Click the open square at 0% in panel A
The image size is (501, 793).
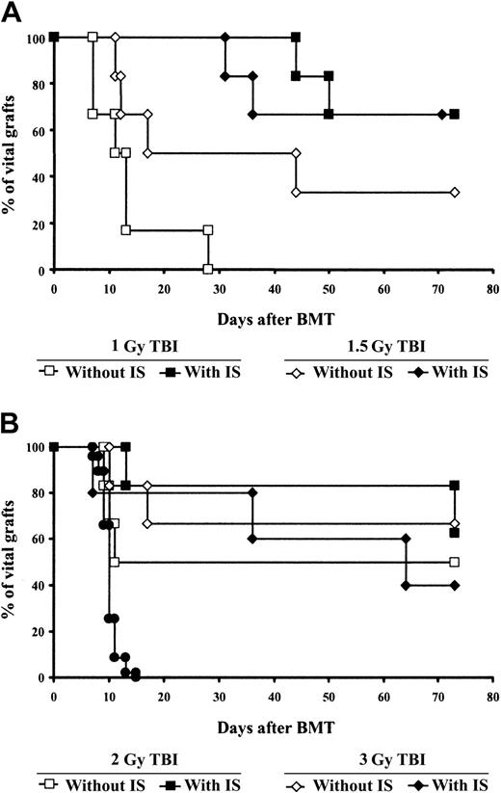[x=208, y=270]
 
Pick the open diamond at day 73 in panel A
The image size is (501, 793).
[x=455, y=193]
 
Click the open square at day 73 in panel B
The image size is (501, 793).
[x=455, y=562]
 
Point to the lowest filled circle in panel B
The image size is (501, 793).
[x=136, y=676]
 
